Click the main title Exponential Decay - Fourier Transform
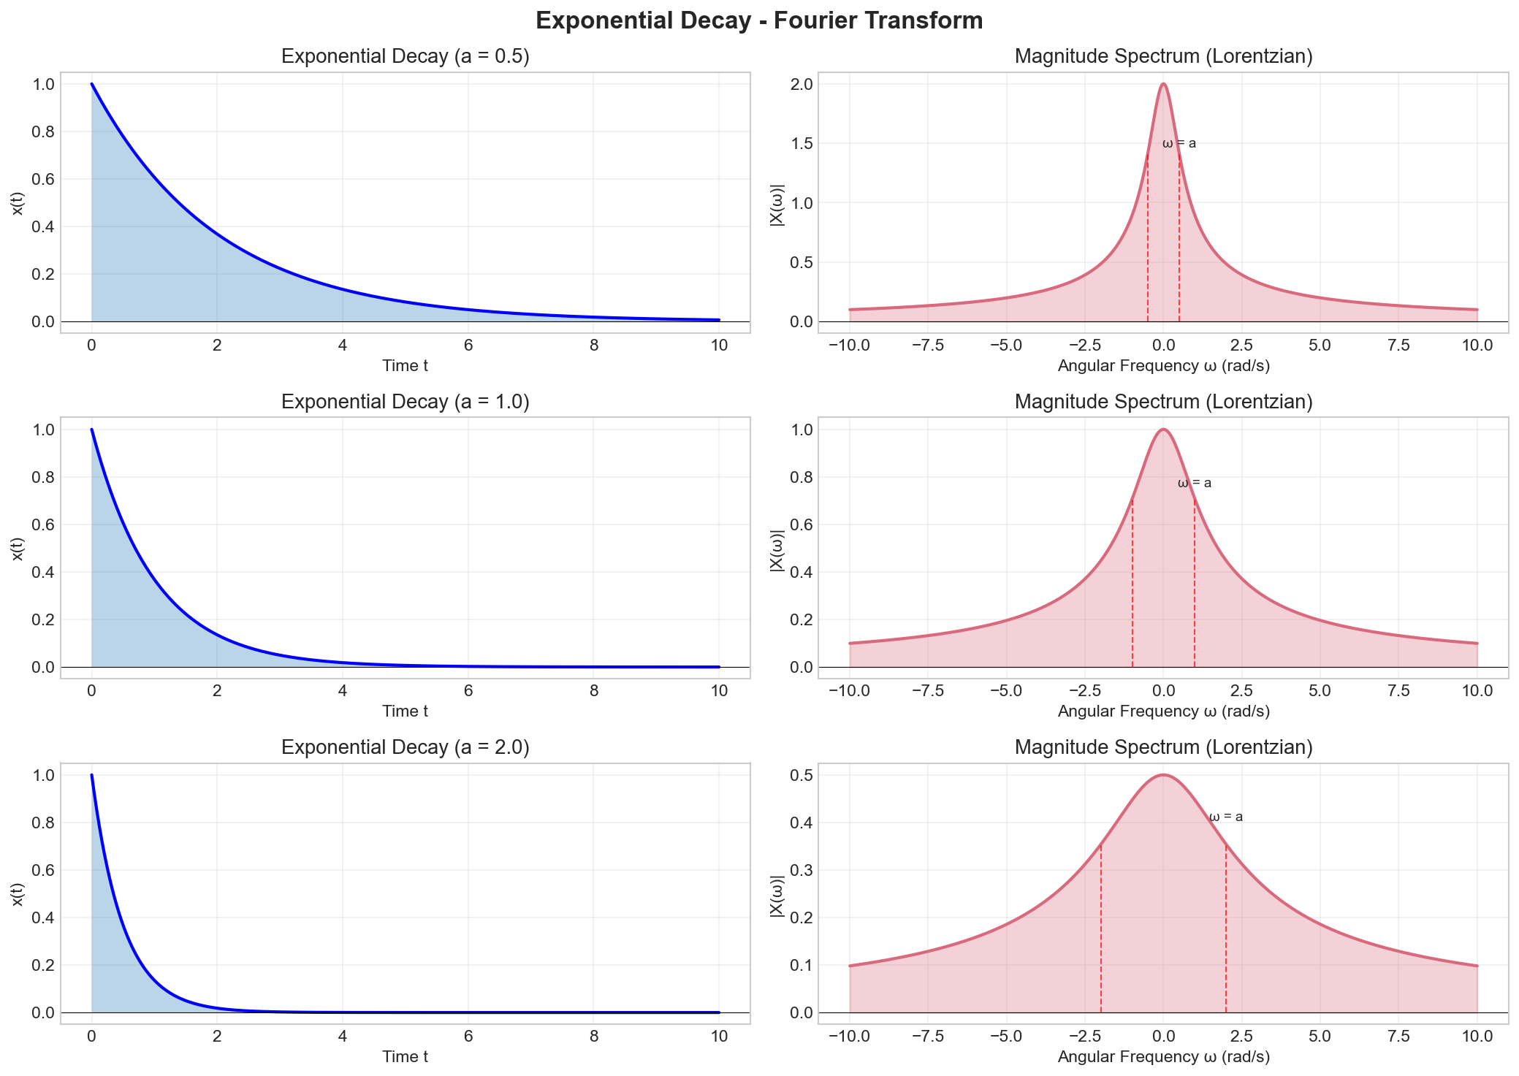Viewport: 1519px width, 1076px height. pyautogui.click(x=759, y=20)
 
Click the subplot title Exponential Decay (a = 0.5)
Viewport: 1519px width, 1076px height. pyautogui.click(x=405, y=57)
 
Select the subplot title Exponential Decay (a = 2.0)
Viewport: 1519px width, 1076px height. pyautogui.click(x=405, y=747)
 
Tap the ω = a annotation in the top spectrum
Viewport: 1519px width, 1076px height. pyautogui.click(x=1179, y=144)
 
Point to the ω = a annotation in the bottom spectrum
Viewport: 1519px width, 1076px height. pyautogui.click(x=1225, y=817)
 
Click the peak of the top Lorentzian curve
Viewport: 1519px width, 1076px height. pyautogui.click(x=1163, y=84)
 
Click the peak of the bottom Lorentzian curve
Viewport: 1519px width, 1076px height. pyautogui.click(x=1163, y=775)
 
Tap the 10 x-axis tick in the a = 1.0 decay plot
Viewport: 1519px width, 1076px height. pyautogui.click(x=719, y=691)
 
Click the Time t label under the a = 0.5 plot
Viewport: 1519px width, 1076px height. pyautogui.click(x=405, y=366)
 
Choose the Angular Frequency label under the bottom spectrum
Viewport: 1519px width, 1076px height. pyautogui.click(x=1163, y=1057)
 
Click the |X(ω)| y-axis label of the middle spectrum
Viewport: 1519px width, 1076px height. pyautogui.click(x=777, y=548)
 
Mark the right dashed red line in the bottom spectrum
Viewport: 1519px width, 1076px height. pyautogui.click(x=1226, y=928)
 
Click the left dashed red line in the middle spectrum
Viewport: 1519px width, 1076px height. pyautogui.click(x=1132, y=584)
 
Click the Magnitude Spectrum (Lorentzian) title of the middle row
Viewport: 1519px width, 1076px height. pyautogui.click(x=1163, y=402)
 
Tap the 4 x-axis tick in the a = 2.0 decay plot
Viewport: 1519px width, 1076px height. pyautogui.click(x=342, y=1037)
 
